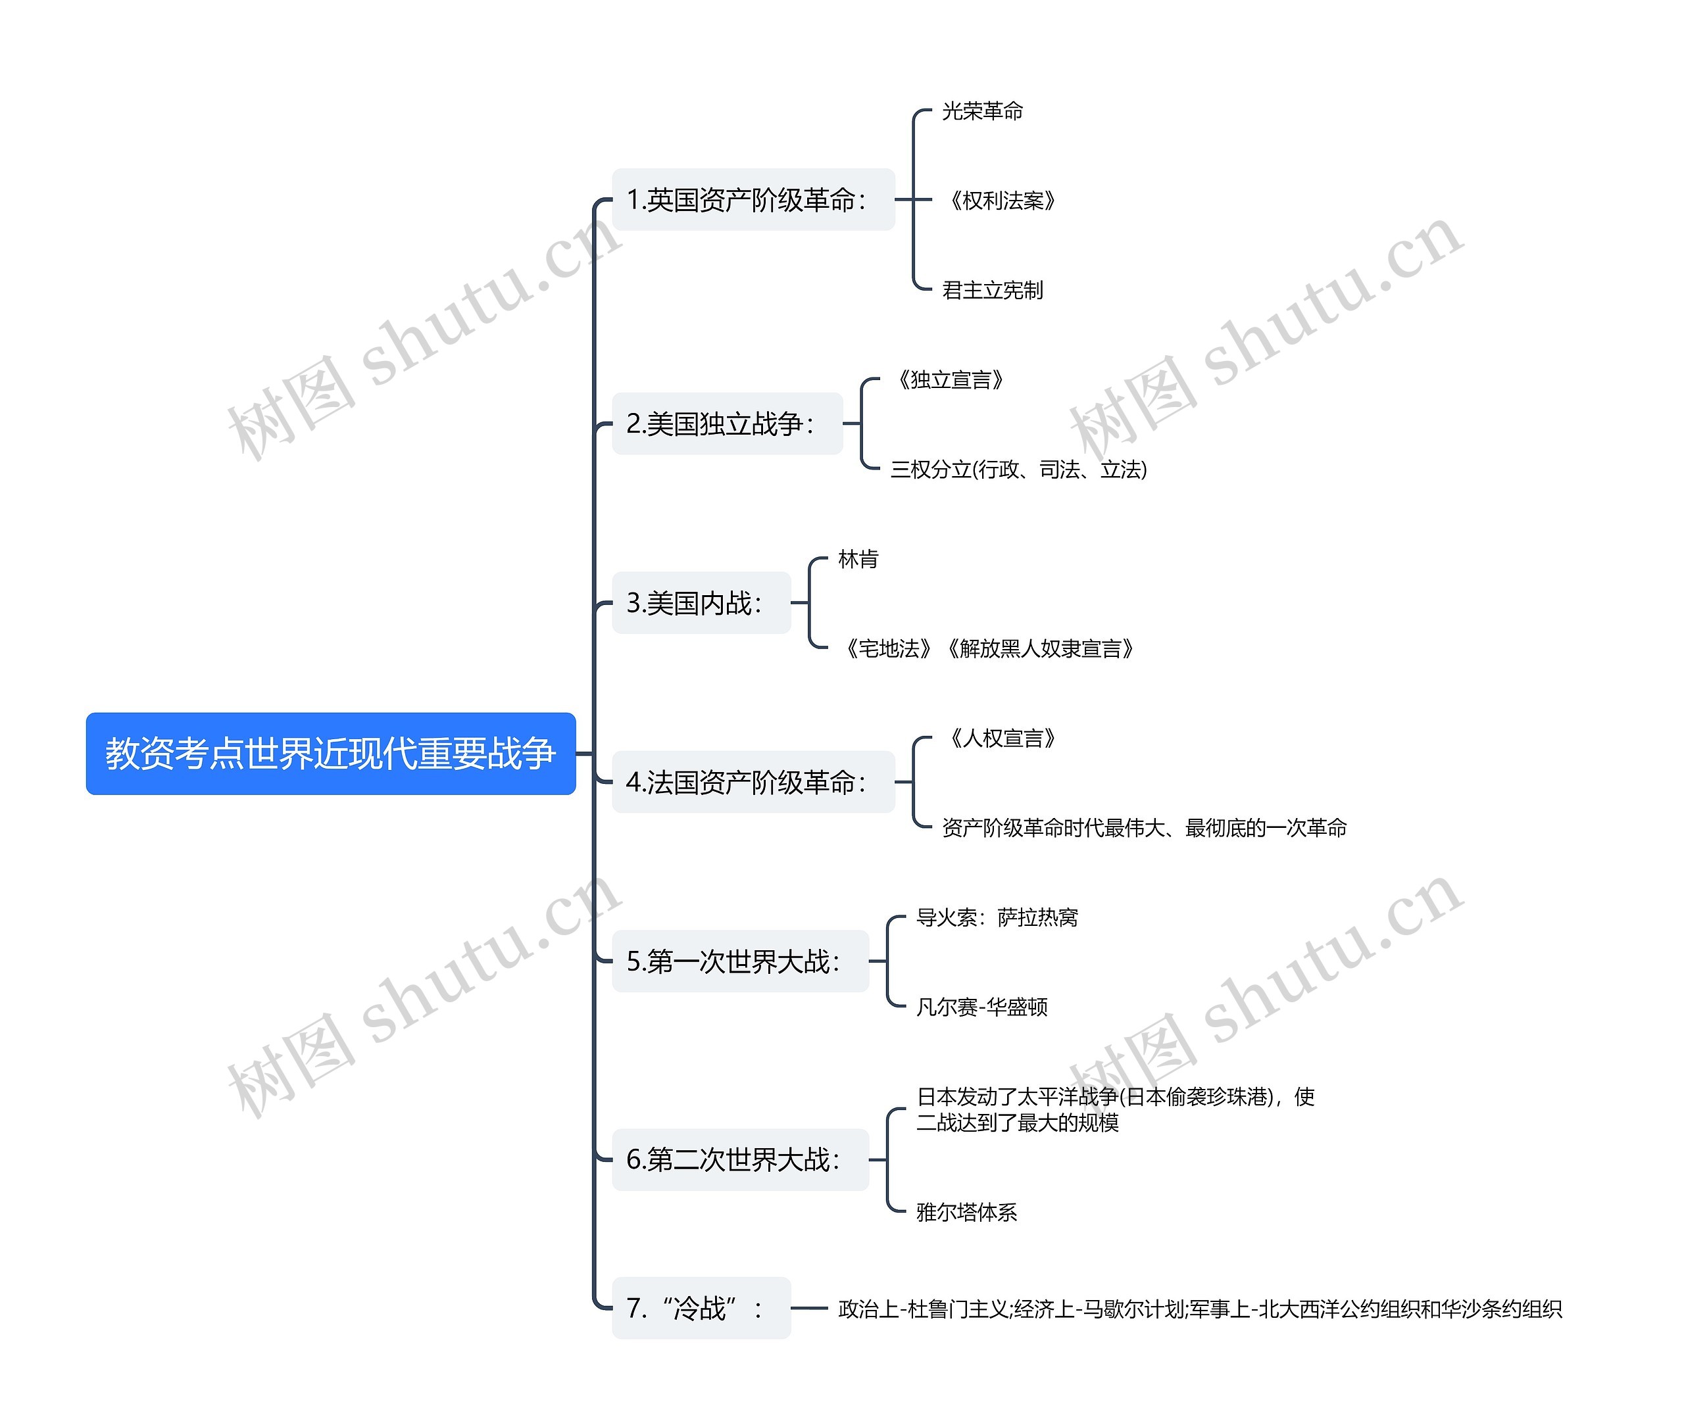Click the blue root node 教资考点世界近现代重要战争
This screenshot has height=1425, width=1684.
330,753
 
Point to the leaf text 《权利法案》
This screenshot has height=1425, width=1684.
1001,201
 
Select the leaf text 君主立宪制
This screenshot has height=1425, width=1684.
992,290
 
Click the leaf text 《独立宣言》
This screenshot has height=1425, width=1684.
949,379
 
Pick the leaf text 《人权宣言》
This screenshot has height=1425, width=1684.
1001,738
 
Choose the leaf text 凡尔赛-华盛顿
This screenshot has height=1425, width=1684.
981,1007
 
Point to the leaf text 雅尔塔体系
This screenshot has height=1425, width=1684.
966,1213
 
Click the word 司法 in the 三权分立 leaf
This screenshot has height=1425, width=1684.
1058,470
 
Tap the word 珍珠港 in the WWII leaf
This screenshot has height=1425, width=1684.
1241,1096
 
